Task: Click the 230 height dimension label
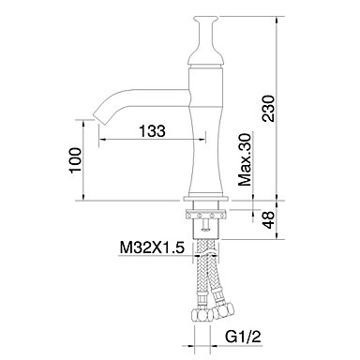point(268,109)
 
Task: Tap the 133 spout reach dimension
point(152,130)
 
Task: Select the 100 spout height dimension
point(75,159)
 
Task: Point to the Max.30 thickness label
point(245,159)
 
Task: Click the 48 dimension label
point(268,219)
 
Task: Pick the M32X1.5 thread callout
point(152,247)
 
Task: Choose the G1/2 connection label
point(243,337)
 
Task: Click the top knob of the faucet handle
point(205,19)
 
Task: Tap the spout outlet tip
point(98,116)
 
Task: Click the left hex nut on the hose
point(201,314)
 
